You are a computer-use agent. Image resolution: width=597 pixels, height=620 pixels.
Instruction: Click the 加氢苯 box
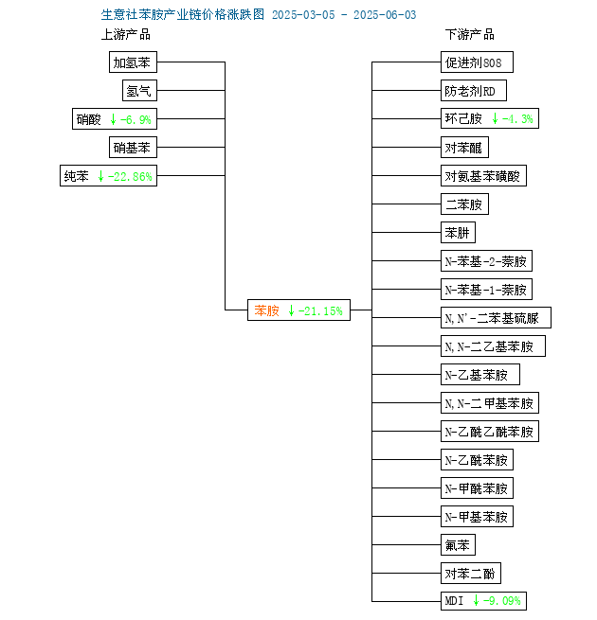pos(133,62)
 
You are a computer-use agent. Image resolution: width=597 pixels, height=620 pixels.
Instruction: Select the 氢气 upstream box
pos(139,91)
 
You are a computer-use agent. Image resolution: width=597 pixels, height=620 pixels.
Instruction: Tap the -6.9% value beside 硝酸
pos(136,119)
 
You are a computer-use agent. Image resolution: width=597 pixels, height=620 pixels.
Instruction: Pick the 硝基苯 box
pos(133,148)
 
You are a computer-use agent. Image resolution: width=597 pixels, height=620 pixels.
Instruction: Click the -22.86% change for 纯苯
pos(130,176)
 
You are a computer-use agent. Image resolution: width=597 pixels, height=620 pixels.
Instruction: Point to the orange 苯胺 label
pos(266,310)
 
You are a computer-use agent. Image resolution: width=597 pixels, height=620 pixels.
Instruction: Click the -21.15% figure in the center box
pos(320,311)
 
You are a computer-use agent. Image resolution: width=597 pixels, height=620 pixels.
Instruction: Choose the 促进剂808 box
pos(477,62)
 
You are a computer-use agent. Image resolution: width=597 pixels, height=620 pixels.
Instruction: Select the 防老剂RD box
pos(474,91)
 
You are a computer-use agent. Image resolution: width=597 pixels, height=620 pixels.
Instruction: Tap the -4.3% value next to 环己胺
pos(517,119)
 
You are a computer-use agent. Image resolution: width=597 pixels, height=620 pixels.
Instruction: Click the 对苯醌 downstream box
pos(464,148)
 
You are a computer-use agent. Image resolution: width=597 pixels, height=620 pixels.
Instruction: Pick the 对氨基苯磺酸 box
pos(484,175)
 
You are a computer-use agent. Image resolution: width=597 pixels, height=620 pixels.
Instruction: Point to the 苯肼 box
pos(458,233)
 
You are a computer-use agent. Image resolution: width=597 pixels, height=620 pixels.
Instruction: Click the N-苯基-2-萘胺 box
pos(486,261)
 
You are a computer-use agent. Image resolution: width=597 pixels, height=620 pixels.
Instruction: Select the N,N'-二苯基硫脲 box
pos(496,317)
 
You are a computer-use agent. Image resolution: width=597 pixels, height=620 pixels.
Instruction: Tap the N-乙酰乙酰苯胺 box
pos(490,431)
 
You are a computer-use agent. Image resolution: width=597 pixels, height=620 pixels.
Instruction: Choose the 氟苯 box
pos(458,545)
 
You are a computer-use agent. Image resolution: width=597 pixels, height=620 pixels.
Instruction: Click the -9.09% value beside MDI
pos(501,601)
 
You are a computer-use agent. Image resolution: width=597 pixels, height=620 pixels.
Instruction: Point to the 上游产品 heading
pos(126,34)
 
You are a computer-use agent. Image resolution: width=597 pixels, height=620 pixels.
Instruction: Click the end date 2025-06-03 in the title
pos(385,15)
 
